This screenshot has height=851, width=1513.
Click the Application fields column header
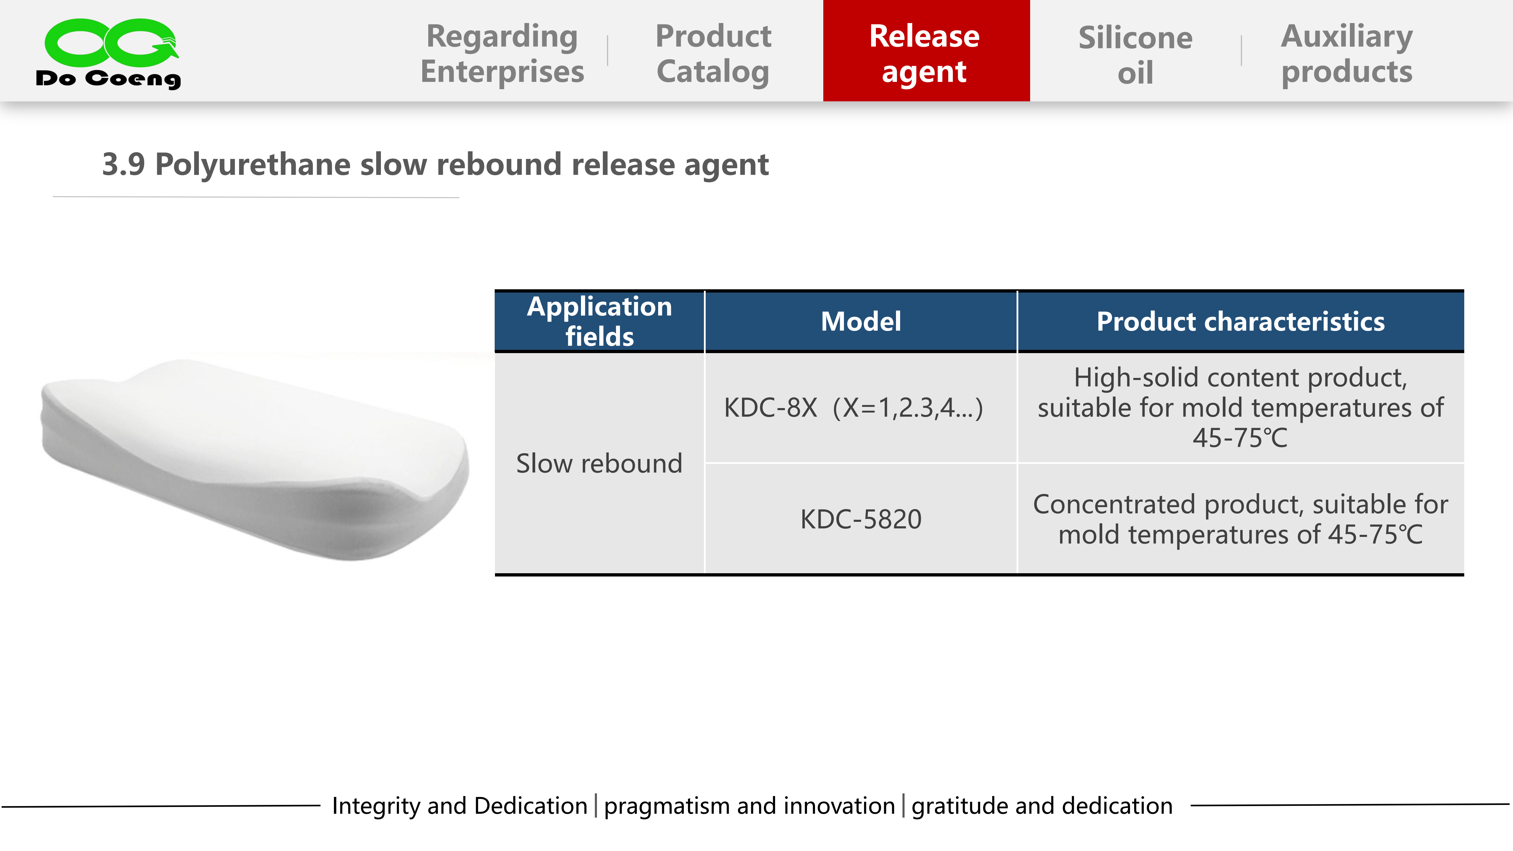600,321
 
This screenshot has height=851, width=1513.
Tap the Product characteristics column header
1241,321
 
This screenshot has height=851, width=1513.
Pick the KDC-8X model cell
853,407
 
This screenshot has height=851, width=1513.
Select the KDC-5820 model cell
861,519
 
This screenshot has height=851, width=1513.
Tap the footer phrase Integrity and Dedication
460,806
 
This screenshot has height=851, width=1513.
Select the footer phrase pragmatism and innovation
749,806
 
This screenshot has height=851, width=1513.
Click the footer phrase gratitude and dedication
1042,806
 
